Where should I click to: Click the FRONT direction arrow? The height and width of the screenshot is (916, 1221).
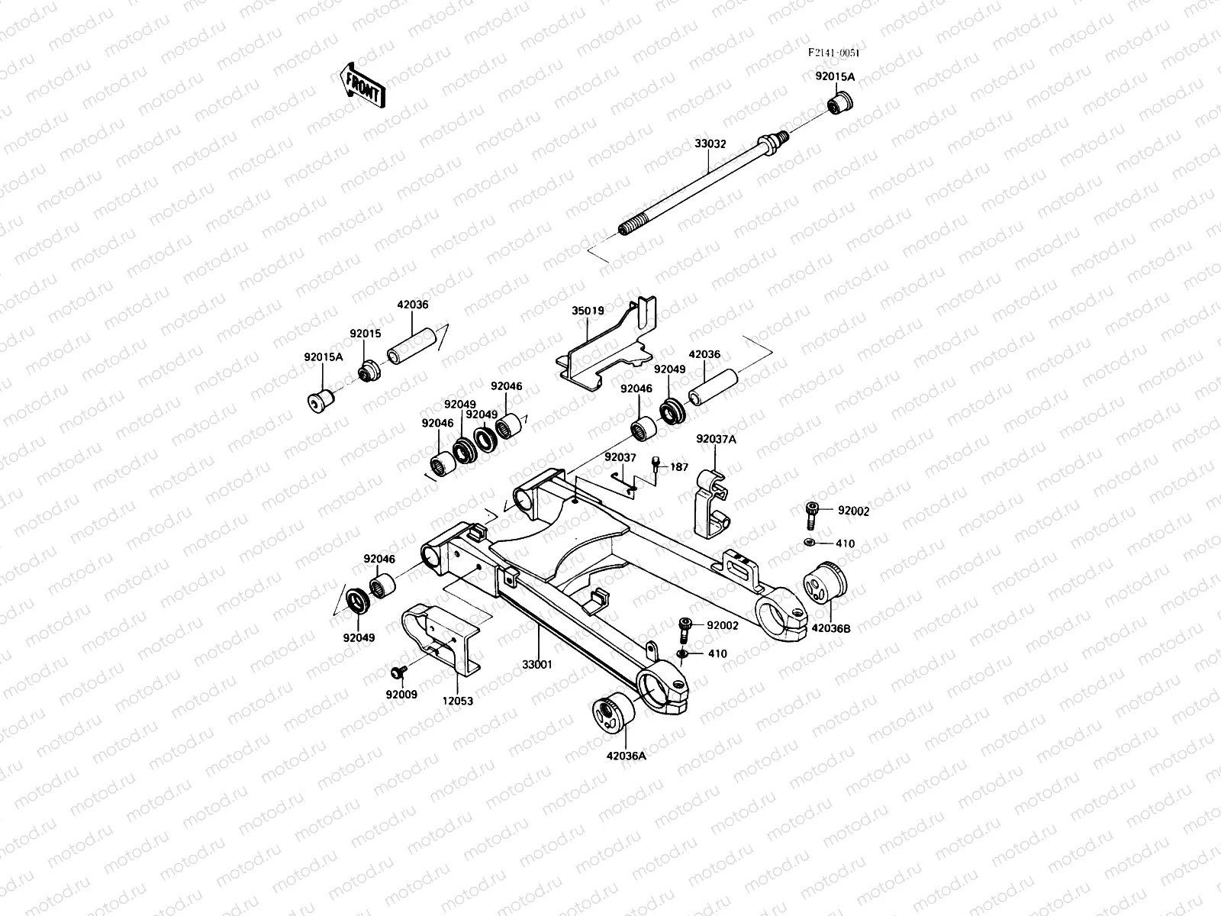(x=361, y=83)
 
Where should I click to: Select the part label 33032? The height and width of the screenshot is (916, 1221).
(x=710, y=143)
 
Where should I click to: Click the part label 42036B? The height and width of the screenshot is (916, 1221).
(x=830, y=628)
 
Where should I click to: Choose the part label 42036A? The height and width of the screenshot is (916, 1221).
(x=626, y=756)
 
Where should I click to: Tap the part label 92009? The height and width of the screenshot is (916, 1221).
(x=401, y=695)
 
